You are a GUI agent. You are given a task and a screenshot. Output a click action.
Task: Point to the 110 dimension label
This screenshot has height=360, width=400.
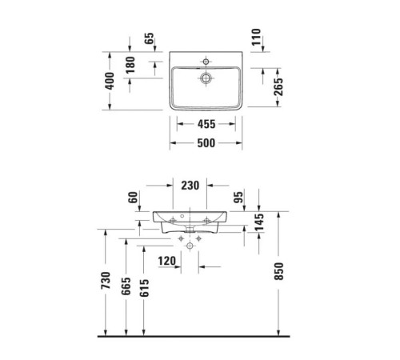pos(258,38)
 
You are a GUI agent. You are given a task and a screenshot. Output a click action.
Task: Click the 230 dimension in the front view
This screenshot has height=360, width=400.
pos(189,185)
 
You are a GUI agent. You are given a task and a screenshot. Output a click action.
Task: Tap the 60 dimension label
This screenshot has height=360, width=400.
pos(134,198)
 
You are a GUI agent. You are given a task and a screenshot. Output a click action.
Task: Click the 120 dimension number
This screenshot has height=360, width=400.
pos(167,260)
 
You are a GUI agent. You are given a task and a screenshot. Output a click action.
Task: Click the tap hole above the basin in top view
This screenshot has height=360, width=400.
pos(206,60)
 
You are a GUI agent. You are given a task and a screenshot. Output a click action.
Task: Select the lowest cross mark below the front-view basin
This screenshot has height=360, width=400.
pos(189,247)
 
